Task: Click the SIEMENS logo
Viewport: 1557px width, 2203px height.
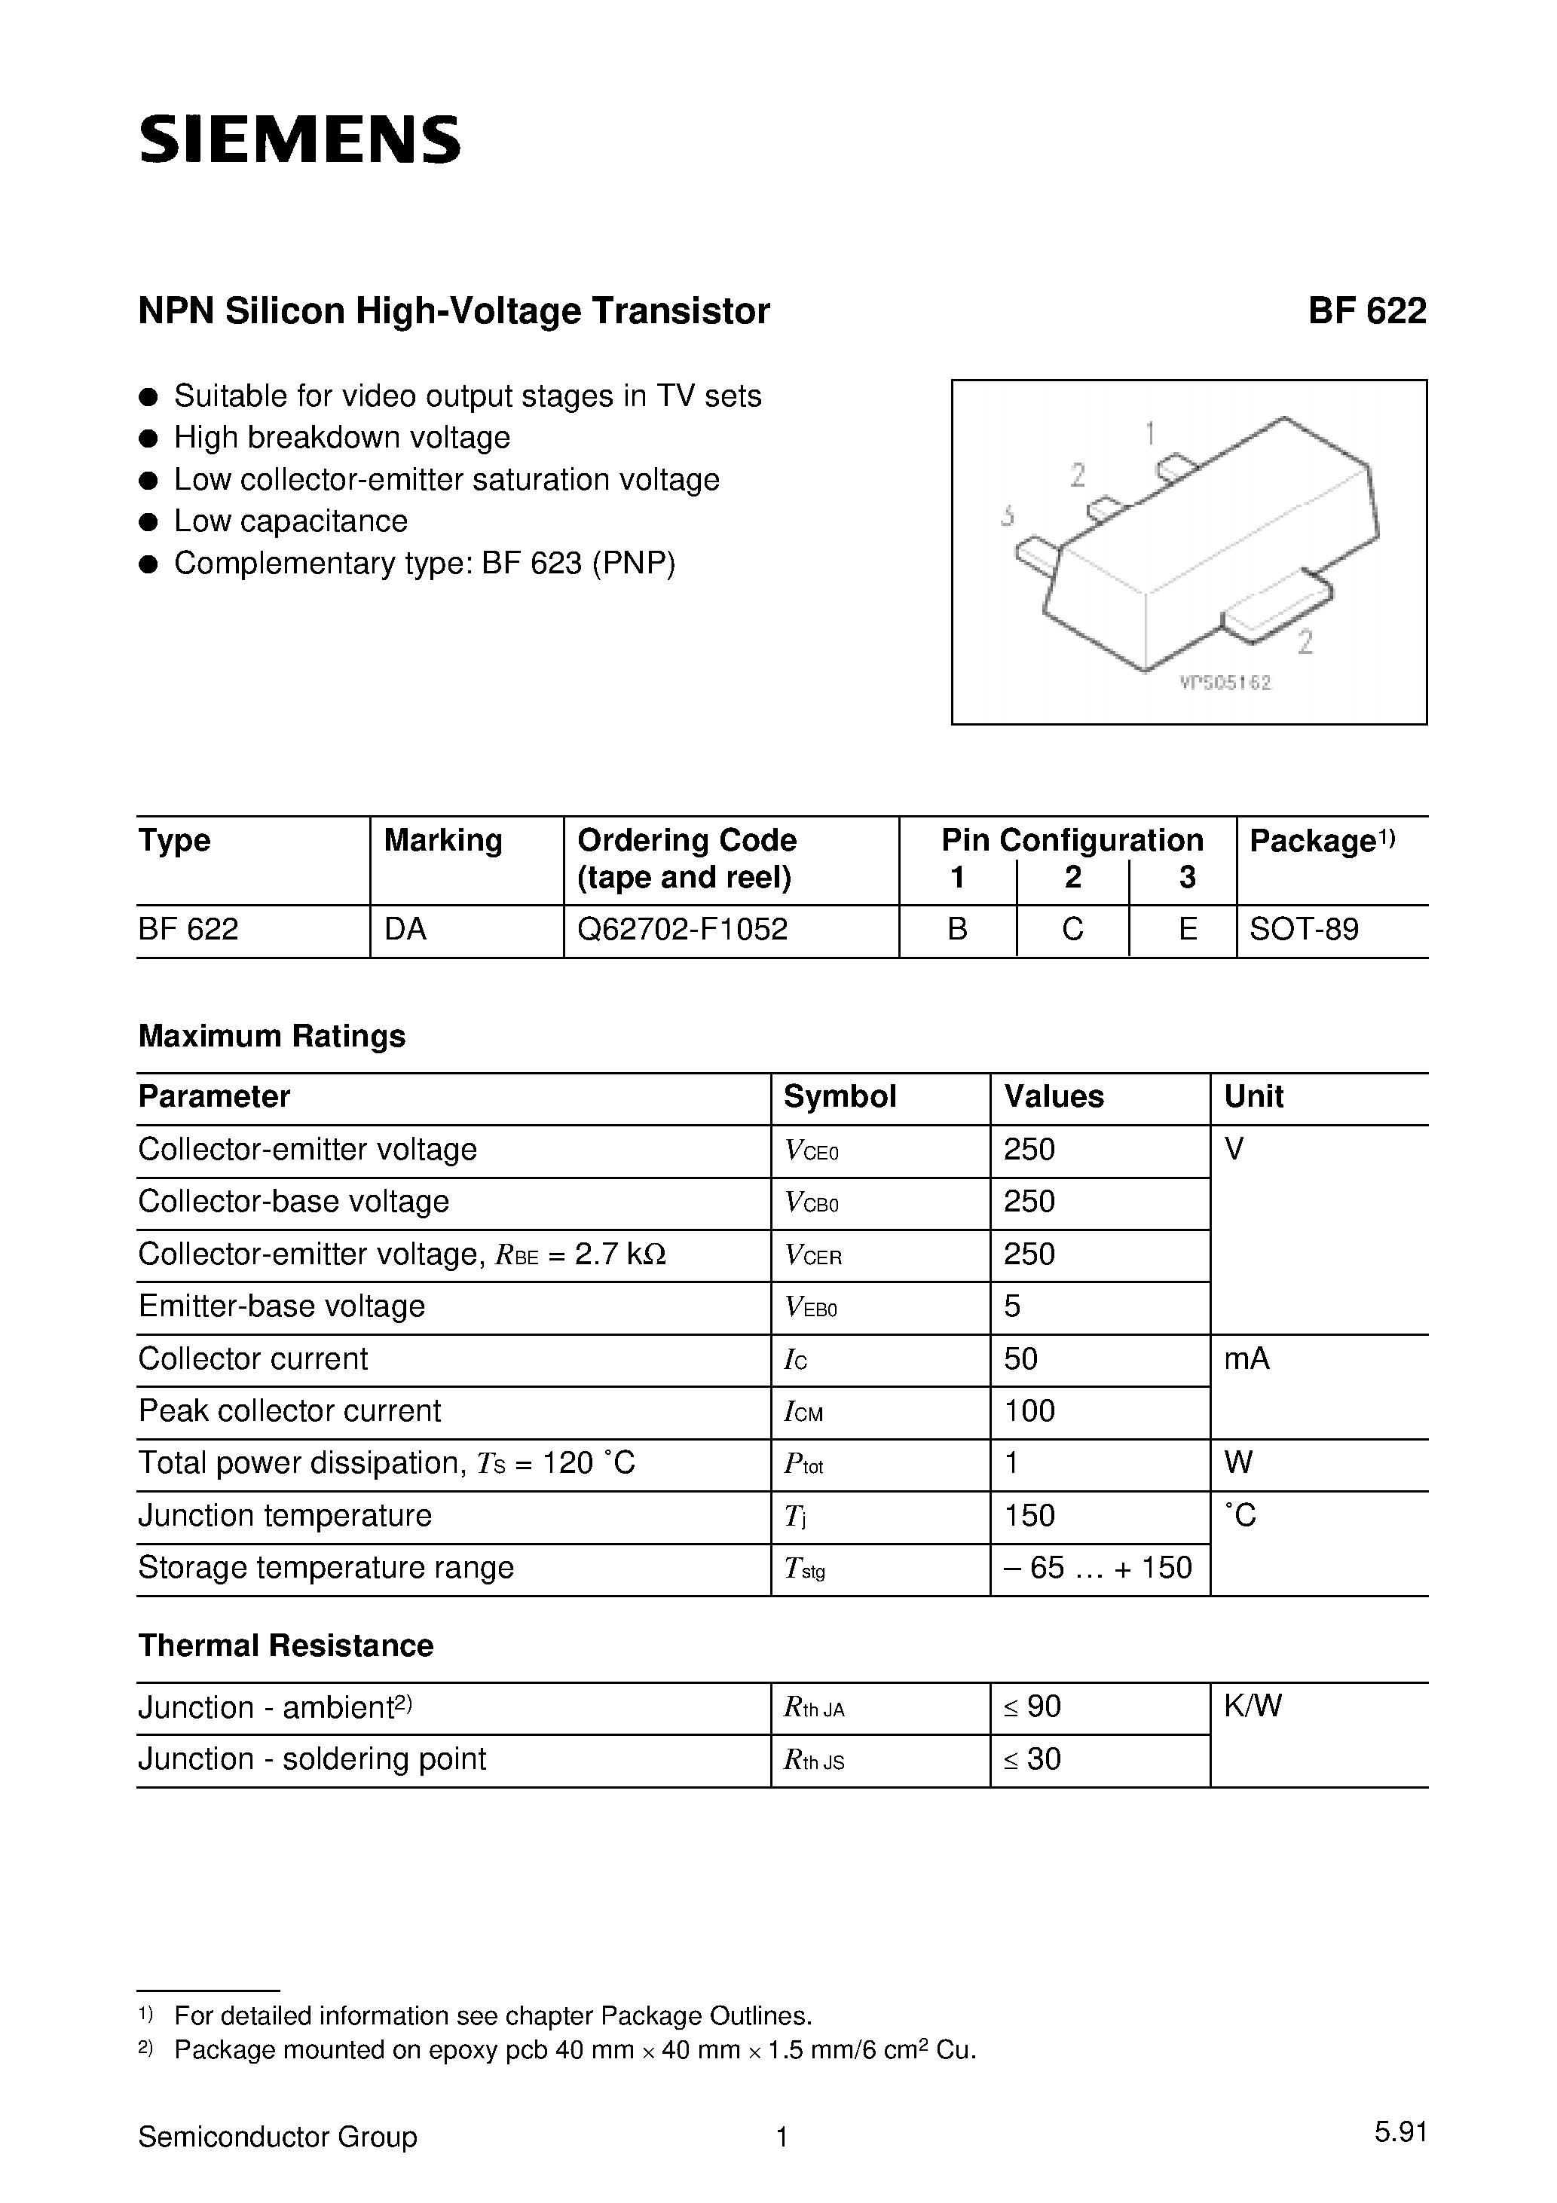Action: (x=299, y=140)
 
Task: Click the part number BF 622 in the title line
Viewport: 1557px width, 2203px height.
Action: (x=1366, y=312)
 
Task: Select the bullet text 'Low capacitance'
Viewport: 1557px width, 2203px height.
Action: (x=290, y=521)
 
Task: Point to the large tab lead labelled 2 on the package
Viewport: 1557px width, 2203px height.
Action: (x=1277, y=607)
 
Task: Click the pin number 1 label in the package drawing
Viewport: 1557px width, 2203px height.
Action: (x=1150, y=435)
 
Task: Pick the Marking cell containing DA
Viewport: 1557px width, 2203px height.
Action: (x=405, y=929)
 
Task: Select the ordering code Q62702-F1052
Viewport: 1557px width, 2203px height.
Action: (x=683, y=929)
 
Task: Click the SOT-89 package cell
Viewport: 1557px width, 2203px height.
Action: (x=1304, y=929)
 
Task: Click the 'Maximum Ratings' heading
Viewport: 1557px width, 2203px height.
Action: (x=271, y=1036)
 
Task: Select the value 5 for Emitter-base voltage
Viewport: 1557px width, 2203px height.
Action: (x=1012, y=1306)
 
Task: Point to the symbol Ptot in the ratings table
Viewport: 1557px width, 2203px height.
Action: (x=803, y=1464)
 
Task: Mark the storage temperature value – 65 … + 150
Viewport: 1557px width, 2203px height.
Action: (x=1097, y=1568)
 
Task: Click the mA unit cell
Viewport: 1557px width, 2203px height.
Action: (x=1246, y=1358)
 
